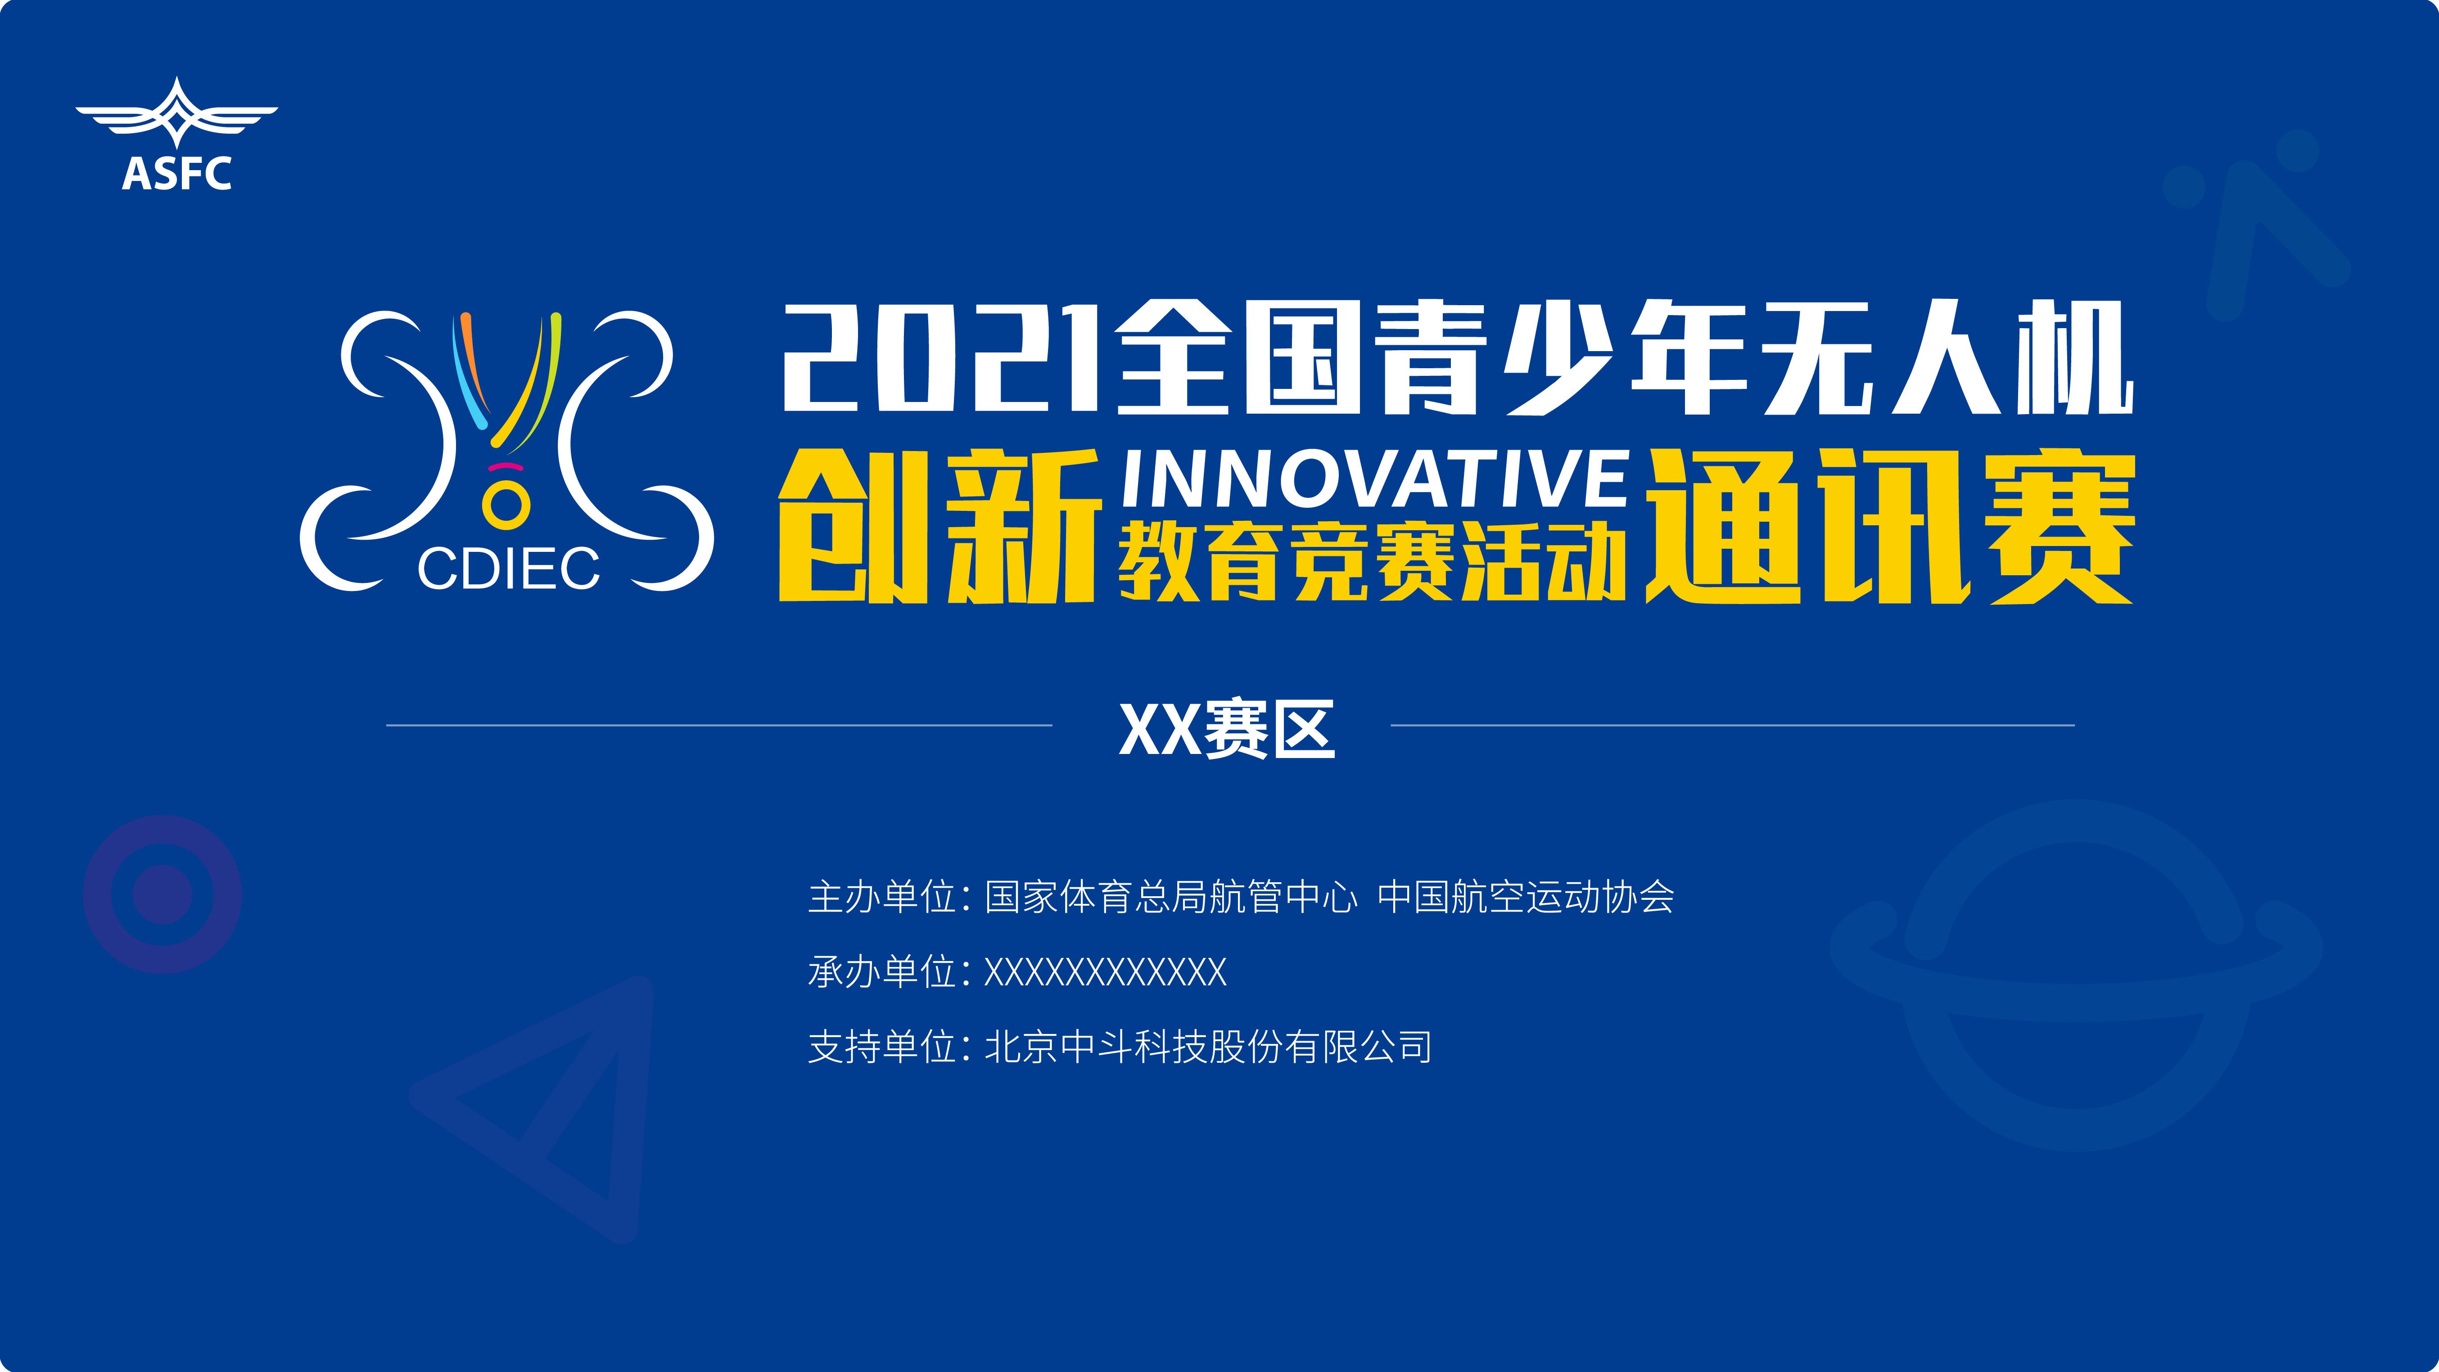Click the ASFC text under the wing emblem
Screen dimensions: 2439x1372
[177, 173]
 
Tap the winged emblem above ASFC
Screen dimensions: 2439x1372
[177, 112]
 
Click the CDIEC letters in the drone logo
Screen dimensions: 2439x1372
[508, 569]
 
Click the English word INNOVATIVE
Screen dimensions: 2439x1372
[1374, 479]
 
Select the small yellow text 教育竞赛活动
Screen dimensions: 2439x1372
[1372, 562]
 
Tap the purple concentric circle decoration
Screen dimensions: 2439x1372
[163, 894]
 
